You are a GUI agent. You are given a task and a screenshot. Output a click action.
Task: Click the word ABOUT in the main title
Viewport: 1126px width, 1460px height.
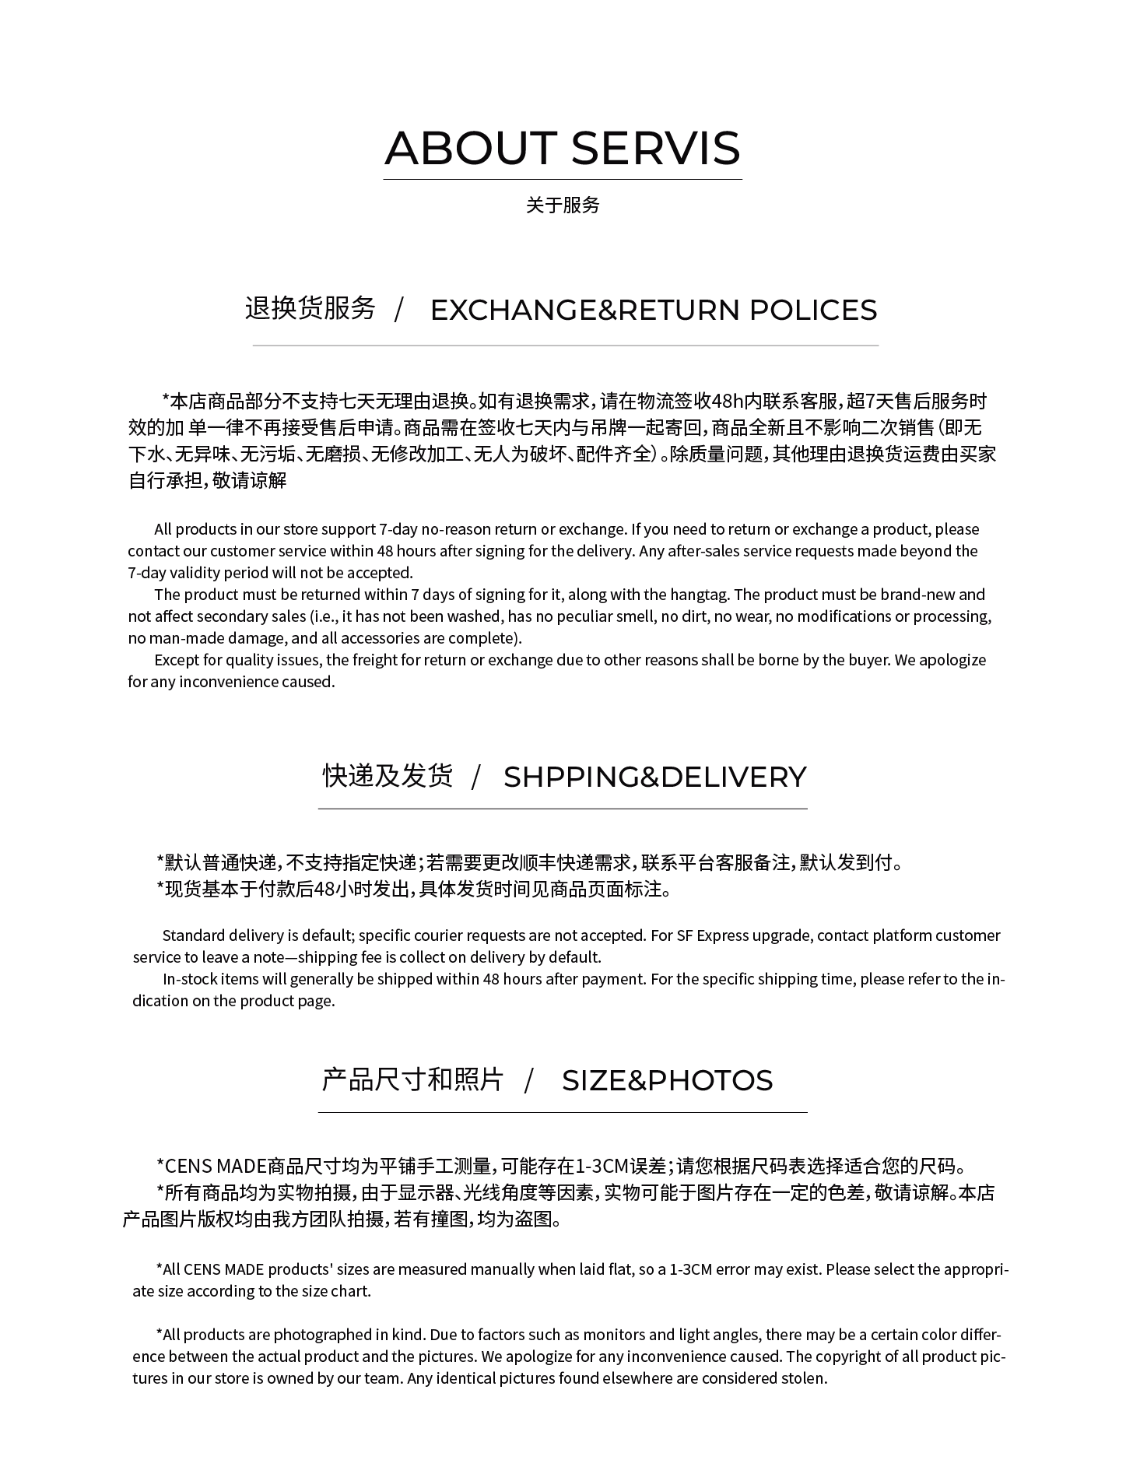(470, 148)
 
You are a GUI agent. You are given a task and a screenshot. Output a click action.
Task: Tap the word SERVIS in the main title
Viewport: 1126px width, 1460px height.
(655, 148)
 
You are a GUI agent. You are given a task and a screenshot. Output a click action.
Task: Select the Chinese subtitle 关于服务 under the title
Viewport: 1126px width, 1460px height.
(563, 205)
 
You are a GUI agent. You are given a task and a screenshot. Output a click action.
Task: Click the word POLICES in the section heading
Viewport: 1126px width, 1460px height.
(813, 310)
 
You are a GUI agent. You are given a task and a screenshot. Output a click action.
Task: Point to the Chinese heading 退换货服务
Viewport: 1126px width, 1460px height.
(310, 308)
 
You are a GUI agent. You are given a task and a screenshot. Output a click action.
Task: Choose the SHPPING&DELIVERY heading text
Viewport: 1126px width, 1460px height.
(655, 777)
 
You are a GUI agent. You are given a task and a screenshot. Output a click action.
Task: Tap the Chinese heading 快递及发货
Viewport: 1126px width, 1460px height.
(388, 775)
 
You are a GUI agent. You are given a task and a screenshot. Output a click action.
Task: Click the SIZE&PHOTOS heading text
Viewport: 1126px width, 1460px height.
(667, 1080)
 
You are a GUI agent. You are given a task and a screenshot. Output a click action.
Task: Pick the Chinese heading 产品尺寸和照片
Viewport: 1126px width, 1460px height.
(412, 1079)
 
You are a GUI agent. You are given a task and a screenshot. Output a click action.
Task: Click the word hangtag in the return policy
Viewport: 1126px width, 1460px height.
(699, 595)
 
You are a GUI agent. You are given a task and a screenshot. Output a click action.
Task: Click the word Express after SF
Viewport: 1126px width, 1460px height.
(723, 935)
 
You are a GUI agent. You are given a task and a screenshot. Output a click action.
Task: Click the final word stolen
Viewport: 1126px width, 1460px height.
(803, 1378)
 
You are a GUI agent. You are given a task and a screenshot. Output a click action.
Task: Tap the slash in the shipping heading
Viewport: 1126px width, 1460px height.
(476, 777)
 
